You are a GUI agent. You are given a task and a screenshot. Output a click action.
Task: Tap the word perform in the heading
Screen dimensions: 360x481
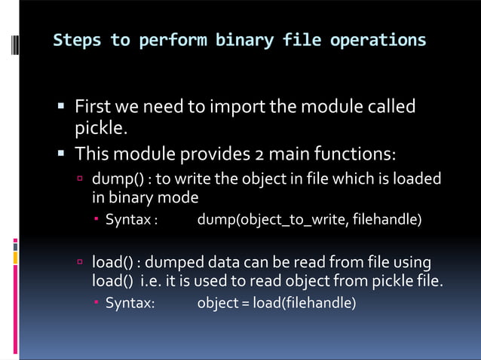174,39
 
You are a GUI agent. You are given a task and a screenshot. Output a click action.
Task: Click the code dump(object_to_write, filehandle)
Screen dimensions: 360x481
309,220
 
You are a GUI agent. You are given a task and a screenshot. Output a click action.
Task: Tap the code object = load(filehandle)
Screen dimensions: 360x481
276,304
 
